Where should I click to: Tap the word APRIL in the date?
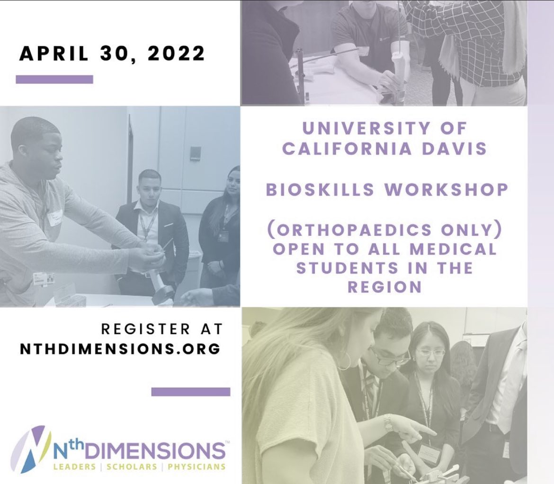pos(53,53)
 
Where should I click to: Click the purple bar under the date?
pos(54,79)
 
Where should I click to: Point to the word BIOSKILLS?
pos(319,190)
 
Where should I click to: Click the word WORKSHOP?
pos(446,190)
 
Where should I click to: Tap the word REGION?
pos(384,287)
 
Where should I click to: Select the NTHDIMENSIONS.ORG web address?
pos(120,348)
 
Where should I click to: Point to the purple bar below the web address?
pos(190,392)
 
